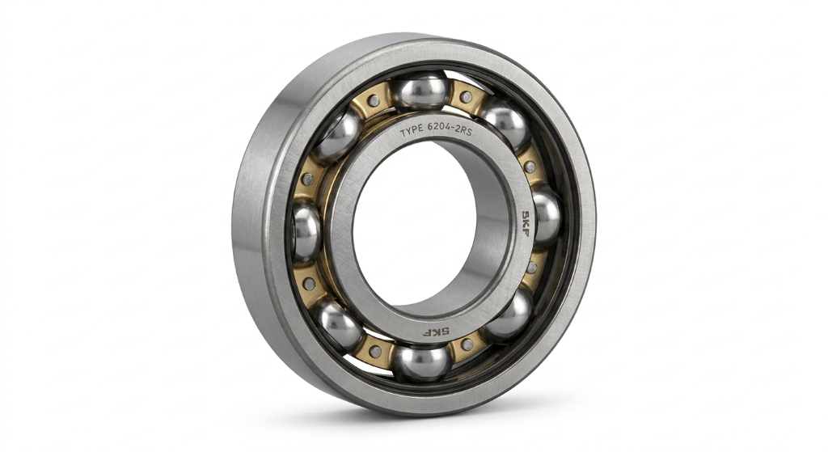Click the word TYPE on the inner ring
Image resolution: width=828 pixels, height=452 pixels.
coord(416,130)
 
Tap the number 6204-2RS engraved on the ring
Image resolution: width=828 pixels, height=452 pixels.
coord(457,130)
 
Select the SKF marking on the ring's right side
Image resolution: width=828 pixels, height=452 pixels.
coord(524,218)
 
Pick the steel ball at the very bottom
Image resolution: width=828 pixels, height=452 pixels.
coord(421,361)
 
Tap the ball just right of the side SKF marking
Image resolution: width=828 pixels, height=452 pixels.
coord(546,216)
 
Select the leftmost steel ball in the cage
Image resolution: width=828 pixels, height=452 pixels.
coord(306,231)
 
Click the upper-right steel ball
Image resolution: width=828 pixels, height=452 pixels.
coord(507,125)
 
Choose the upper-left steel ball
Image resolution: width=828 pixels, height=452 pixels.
coord(338,135)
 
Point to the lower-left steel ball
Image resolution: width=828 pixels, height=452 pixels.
coord(339,324)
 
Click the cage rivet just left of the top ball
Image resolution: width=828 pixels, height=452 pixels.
coord(373,101)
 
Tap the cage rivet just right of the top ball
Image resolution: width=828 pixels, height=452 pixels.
coord(466,97)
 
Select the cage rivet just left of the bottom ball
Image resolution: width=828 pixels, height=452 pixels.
coord(375,352)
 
